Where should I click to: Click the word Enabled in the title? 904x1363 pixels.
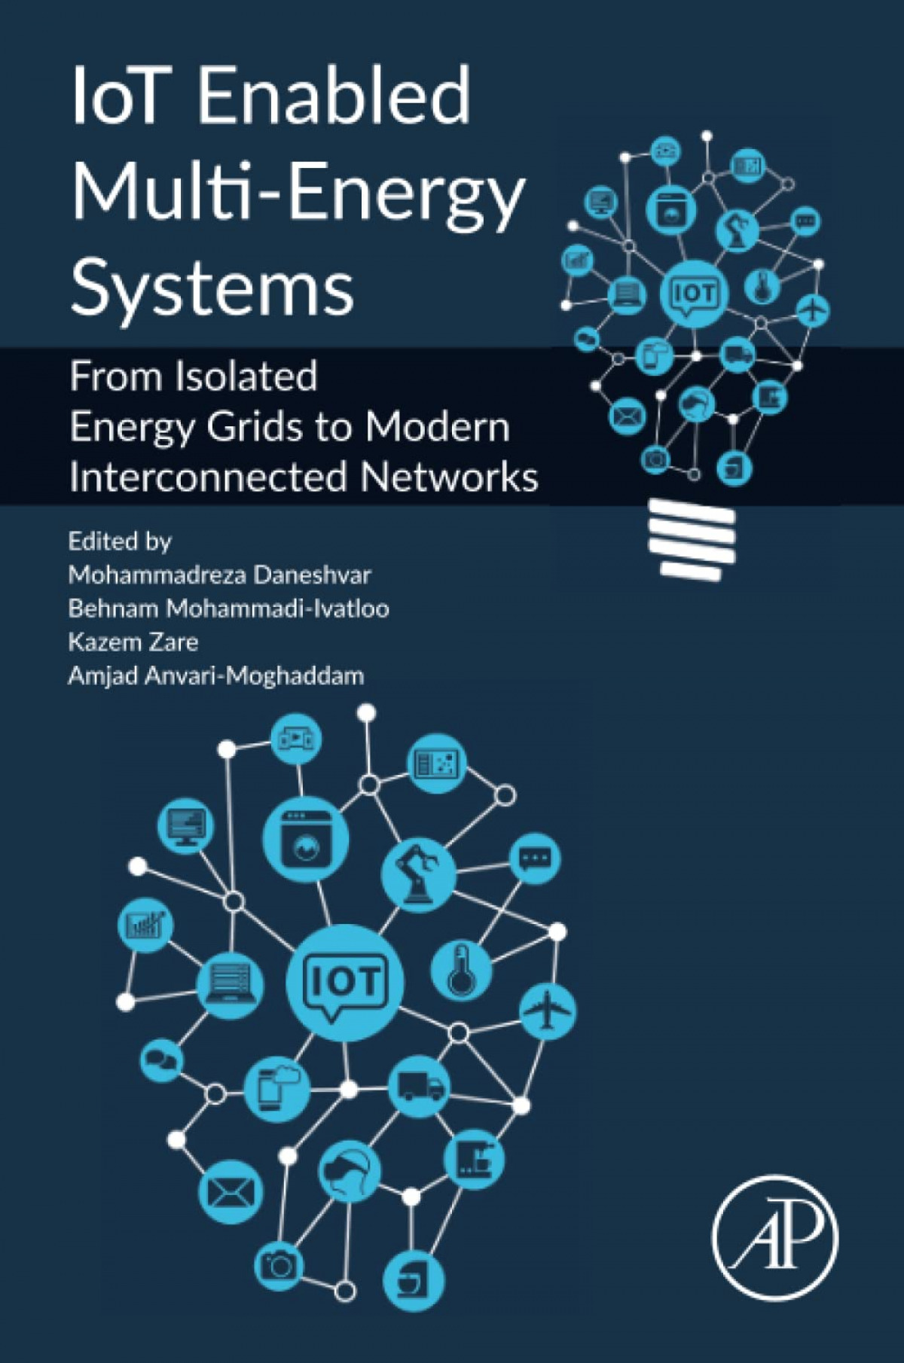pyautogui.click(x=333, y=96)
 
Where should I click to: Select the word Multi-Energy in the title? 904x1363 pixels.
pyautogui.click(x=298, y=193)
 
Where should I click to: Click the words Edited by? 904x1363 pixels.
pyautogui.click(x=120, y=541)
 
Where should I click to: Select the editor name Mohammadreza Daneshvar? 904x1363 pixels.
pyautogui.click(x=219, y=575)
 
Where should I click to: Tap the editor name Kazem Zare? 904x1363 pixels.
pyautogui.click(x=133, y=642)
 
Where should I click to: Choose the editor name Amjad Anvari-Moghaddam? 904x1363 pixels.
pyautogui.click(x=216, y=675)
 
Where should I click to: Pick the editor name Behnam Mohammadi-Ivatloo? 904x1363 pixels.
pyautogui.click(x=229, y=608)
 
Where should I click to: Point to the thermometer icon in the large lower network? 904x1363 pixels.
pyautogui.click(x=460, y=970)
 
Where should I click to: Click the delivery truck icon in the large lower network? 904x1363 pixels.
pyautogui.click(x=420, y=1087)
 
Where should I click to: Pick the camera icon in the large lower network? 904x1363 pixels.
pyautogui.click(x=279, y=1265)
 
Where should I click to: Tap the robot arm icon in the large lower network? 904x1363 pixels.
pyautogui.click(x=418, y=874)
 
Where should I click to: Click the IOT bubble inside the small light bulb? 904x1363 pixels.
pyautogui.click(x=695, y=294)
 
